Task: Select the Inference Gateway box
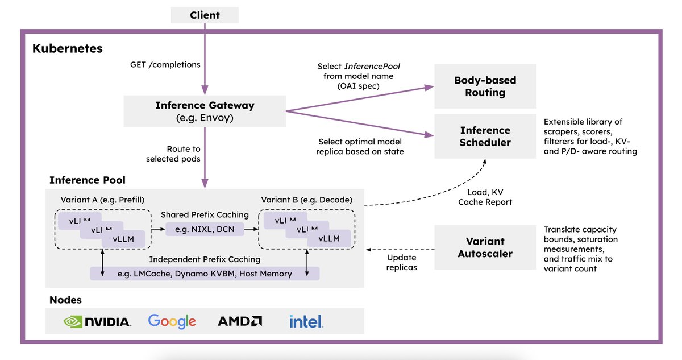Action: coord(205,111)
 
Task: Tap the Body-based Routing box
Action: coord(485,86)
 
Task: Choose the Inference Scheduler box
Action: coord(485,136)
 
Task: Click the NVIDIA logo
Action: coord(97,322)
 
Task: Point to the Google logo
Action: coord(172,321)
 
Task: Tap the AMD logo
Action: coord(240,321)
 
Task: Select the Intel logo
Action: coord(306,321)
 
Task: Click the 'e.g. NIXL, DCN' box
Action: coord(205,229)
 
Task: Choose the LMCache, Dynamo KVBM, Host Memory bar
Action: coord(205,274)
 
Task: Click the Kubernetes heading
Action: coord(68,48)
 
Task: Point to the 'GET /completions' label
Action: coord(165,65)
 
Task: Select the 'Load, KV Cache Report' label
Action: coord(485,197)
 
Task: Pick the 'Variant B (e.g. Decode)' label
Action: coord(306,200)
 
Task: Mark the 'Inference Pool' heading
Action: coord(88,180)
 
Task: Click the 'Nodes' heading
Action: coord(65,300)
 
